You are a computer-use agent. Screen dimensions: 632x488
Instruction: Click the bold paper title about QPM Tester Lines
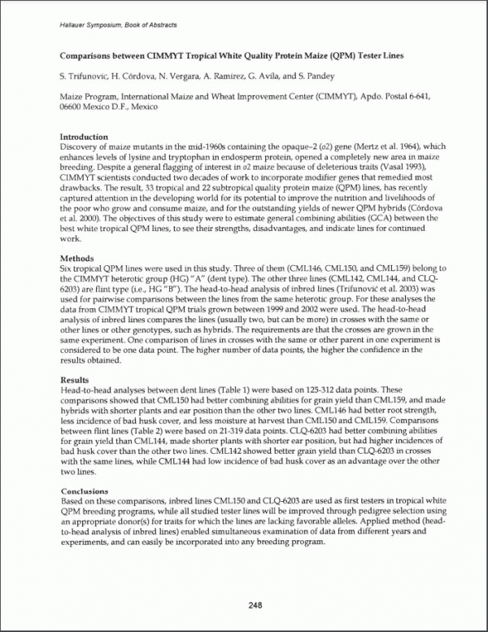point(243,56)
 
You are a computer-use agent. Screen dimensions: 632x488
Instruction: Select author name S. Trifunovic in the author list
point(86,76)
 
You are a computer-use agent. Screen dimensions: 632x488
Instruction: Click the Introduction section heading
point(85,137)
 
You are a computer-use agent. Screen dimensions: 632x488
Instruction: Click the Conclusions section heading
point(85,491)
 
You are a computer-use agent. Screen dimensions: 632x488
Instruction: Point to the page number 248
point(244,604)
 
